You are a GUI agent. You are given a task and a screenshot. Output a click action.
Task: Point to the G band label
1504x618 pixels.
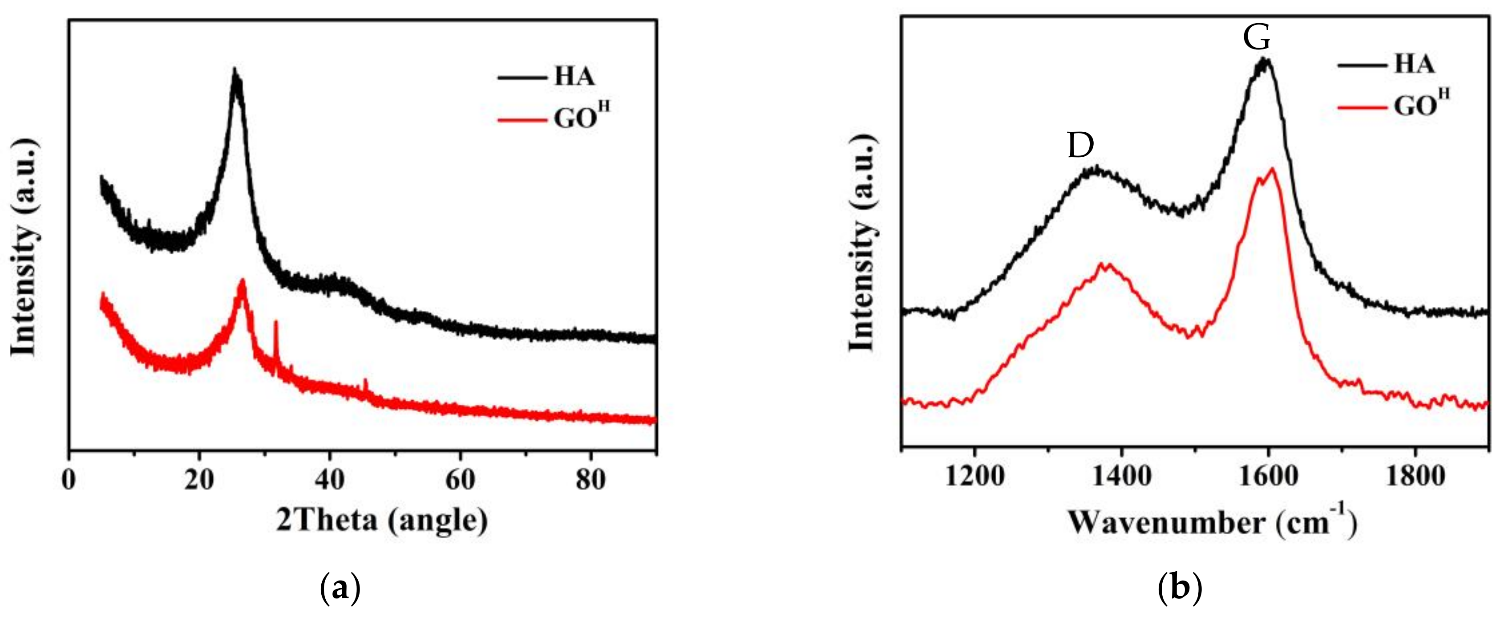(x=1257, y=37)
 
